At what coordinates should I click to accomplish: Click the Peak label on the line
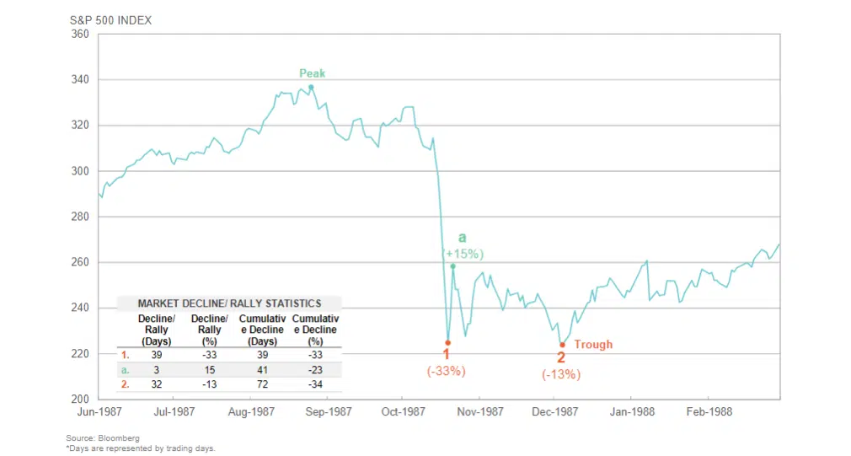pos(312,73)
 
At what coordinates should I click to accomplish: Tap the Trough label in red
pos(593,344)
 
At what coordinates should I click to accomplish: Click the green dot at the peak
pos(311,87)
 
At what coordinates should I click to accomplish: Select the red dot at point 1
pos(447,343)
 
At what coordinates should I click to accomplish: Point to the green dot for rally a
pos(453,266)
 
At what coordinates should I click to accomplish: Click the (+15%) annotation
pos(463,254)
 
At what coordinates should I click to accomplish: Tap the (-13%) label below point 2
pos(561,374)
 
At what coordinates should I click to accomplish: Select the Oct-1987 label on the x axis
pos(403,412)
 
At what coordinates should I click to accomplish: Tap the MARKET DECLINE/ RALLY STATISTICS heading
pos(229,303)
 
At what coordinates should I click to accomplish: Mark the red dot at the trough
pos(562,344)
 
